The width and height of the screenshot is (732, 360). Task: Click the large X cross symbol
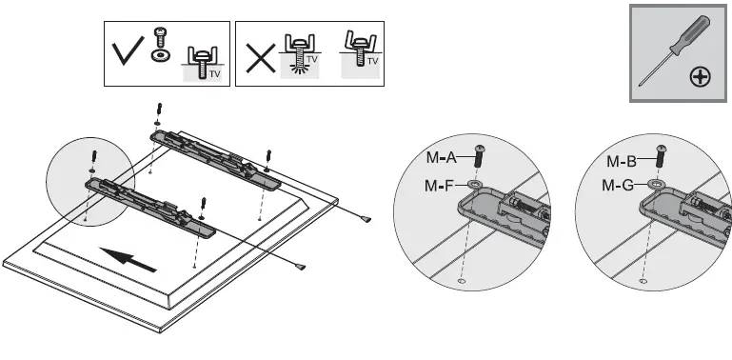pyautogui.click(x=259, y=59)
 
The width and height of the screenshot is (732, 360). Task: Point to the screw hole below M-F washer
pyautogui.click(x=462, y=281)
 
